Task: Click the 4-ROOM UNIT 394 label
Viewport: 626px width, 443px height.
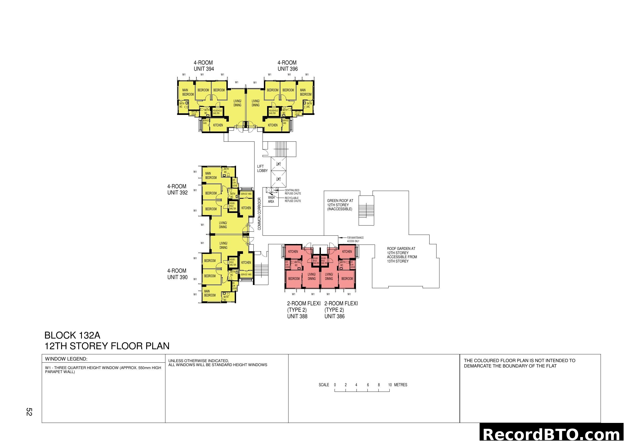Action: tap(204, 66)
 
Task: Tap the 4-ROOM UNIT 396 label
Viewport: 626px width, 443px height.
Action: tap(287, 66)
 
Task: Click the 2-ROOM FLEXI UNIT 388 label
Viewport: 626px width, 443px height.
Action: tap(303, 310)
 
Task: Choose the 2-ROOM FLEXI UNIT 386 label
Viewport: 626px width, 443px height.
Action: tap(341, 310)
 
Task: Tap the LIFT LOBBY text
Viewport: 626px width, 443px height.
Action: tap(262, 168)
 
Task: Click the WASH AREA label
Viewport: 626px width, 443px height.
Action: tap(271, 200)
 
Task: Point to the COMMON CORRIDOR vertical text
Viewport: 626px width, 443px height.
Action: tap(259, 214)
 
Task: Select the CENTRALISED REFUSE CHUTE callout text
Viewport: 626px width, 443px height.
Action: tap(293, 192)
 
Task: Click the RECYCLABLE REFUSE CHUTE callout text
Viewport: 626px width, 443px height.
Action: tap(293, 200)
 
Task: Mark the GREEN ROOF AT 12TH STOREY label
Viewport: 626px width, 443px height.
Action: tap(340, 205)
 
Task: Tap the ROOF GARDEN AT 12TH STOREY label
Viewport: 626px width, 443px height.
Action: tap(402, 255)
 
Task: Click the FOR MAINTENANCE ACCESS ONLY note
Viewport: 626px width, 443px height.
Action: tap(355, 239)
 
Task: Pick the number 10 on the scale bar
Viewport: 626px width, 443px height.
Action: tap(390, 385)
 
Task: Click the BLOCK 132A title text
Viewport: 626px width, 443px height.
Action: tap(72, 335)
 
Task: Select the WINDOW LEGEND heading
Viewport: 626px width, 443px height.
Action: tap(66, 359)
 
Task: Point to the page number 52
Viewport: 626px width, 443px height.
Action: tap(29, 412)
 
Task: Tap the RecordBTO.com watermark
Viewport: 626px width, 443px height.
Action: tap(552, 434)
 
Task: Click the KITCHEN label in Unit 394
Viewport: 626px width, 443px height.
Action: tap(218, 125)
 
